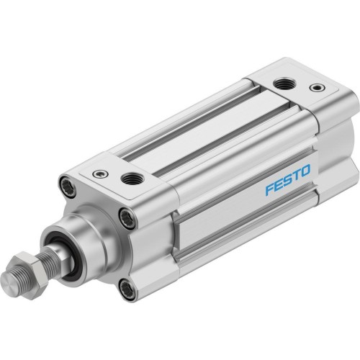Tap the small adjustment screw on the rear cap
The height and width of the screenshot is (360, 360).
click(x=315, y=87)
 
